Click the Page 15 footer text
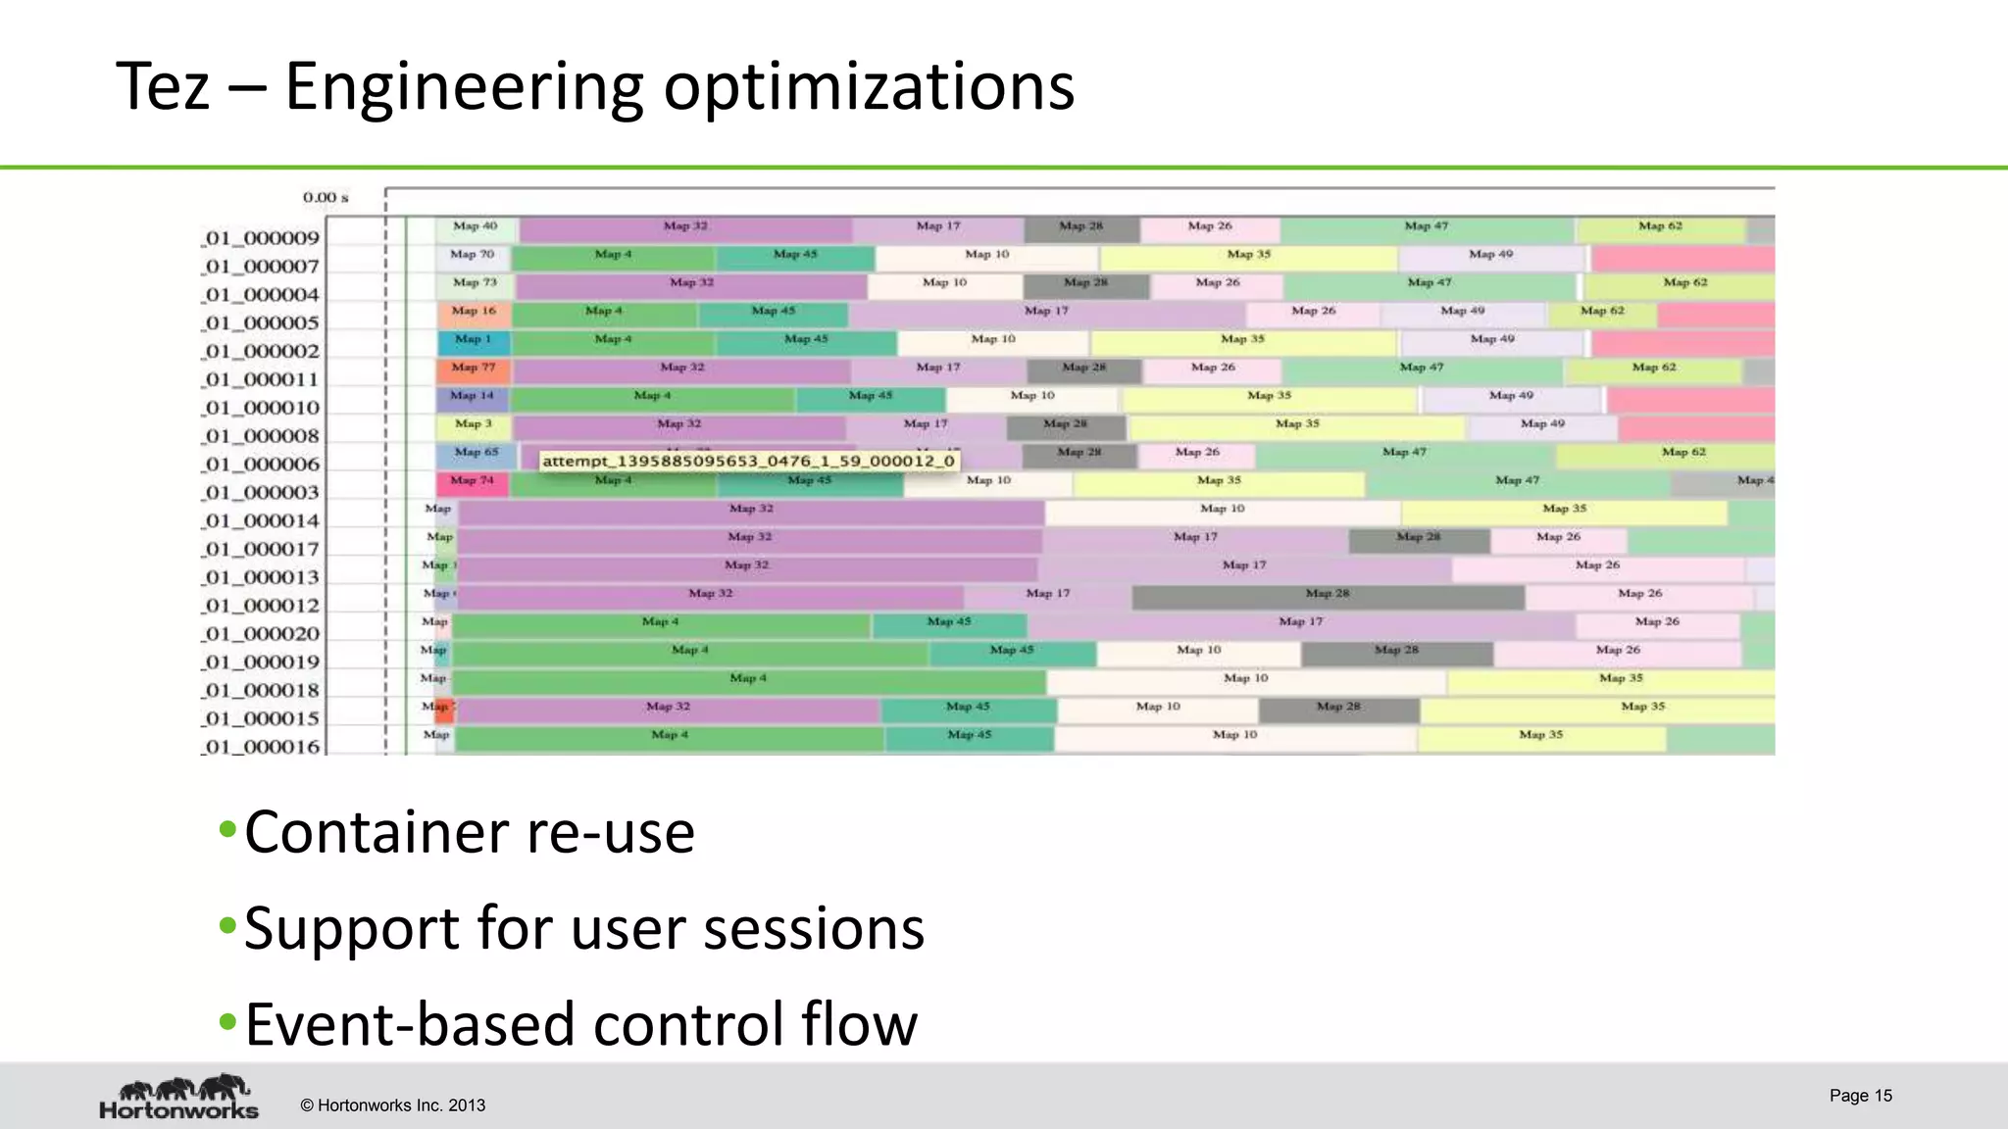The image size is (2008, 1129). (x=1860, y=1096)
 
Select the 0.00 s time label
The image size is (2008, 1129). (x=326, y=198)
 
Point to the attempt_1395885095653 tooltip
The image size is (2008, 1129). (x=747, y=461)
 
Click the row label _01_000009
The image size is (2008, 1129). (x=262, y=238)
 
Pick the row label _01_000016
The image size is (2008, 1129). (x=262, y=747)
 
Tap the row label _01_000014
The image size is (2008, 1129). (x=262, y=520)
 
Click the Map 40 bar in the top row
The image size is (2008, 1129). (x=476, y=227)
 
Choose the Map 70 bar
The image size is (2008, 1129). (x=473, y=256)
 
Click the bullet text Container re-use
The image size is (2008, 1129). (x=469, y=833)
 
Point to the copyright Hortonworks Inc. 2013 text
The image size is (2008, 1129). (x=392, y=1105)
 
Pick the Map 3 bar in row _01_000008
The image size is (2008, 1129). (x=474, y=425)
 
